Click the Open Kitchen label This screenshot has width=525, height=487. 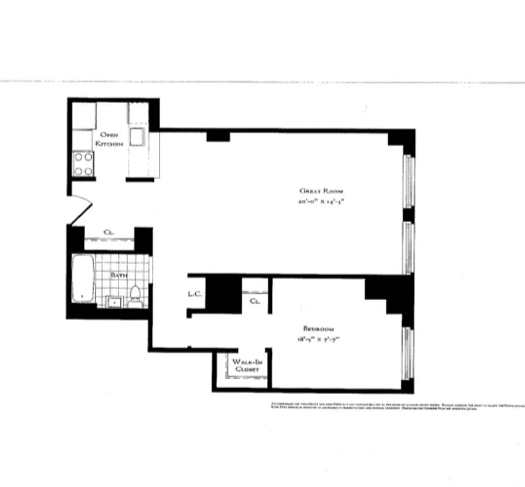point(109,139)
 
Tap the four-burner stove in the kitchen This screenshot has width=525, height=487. point(83,163)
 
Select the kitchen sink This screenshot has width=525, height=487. point(136,138)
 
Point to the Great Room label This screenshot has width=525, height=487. point(316,191)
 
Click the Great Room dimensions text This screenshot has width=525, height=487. point(321,201)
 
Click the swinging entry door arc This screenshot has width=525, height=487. point(83,207)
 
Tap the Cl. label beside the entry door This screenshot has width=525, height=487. point(110,232)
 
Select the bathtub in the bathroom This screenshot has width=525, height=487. point(83,278)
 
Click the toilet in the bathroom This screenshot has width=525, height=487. point(135,294)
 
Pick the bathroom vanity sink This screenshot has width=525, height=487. point(114,301)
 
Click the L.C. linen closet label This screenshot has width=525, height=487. point(195,295)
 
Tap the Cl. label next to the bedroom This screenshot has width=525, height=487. point(256,300)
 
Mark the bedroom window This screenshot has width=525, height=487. point(408,353)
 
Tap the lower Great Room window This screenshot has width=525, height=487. point(409,248)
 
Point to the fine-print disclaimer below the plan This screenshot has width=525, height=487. point(389,406)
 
